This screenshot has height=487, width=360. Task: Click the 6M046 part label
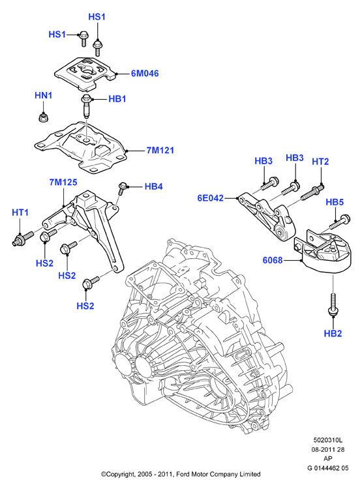(x=145, y=73)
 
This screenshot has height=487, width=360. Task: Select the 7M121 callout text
(x=160, y=151)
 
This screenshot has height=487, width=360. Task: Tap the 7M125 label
(x=63, y=182)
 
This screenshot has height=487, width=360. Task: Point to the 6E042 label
(x=210, y=198)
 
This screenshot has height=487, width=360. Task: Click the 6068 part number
(x=273, y=259)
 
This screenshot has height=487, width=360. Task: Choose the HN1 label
(x=44, y=95)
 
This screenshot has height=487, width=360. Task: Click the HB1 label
(x=117, y=99)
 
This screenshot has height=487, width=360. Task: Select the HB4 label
(x=153, y=186)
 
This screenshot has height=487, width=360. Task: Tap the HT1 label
(x=20, y=213)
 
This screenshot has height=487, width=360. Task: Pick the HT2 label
(x=320, y=162)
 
